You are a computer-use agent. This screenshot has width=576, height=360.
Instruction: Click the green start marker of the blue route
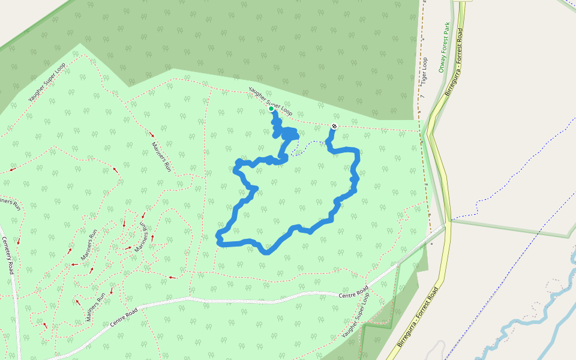point(271,109)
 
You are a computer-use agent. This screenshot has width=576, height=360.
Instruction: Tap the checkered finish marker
point(334,126)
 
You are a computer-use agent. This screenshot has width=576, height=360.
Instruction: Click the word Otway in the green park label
point(442,64)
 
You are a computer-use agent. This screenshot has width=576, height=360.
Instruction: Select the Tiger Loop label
point(424,70)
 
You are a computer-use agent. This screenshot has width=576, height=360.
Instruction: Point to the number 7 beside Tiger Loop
point(422,97)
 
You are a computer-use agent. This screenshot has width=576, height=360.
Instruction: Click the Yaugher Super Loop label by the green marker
point(271,101)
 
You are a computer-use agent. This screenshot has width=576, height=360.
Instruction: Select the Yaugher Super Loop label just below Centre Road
point(356,316)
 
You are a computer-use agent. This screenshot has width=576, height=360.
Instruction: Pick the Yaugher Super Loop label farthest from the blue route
point(47,82)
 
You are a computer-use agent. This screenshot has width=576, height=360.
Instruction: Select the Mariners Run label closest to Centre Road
point(95,306)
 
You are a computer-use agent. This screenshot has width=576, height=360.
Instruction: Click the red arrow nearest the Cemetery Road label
point(19,242)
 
